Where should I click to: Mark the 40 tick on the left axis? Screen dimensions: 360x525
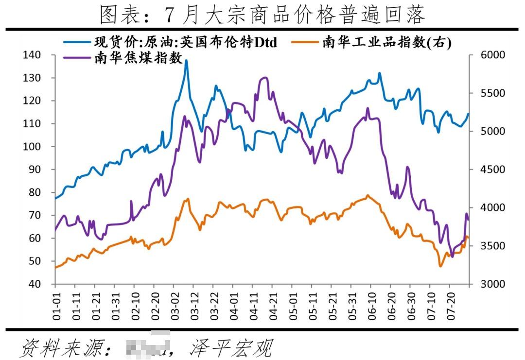point(34,284)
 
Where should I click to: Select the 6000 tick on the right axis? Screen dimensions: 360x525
point(492,55)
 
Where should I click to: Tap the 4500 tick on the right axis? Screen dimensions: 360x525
point(492,170)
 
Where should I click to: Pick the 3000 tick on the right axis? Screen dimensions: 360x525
point(492,284)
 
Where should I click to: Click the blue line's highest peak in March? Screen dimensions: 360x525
point(186,61)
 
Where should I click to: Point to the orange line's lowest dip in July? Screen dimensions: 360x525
point(441,266)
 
